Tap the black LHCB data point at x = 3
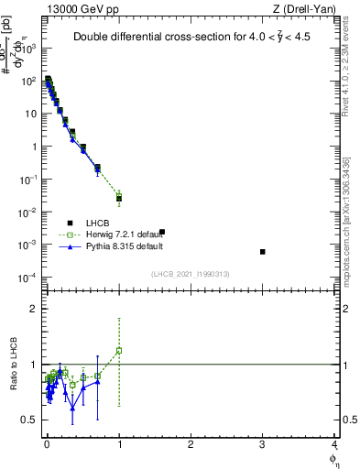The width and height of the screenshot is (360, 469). [x=263, y=252]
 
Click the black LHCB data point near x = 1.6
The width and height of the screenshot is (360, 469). [x=162, y=232]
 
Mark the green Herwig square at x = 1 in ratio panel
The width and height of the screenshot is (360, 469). [x=119, y=351]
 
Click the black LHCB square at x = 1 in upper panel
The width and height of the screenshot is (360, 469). [x=119, y=198]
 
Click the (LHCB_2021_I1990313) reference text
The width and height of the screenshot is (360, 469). [x=190, y=273]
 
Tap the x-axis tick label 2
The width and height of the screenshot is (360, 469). [x=191, y=443]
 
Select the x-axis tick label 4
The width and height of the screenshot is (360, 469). [x=334, y=443]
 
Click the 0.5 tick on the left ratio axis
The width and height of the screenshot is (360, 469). [x=32, y=420]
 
